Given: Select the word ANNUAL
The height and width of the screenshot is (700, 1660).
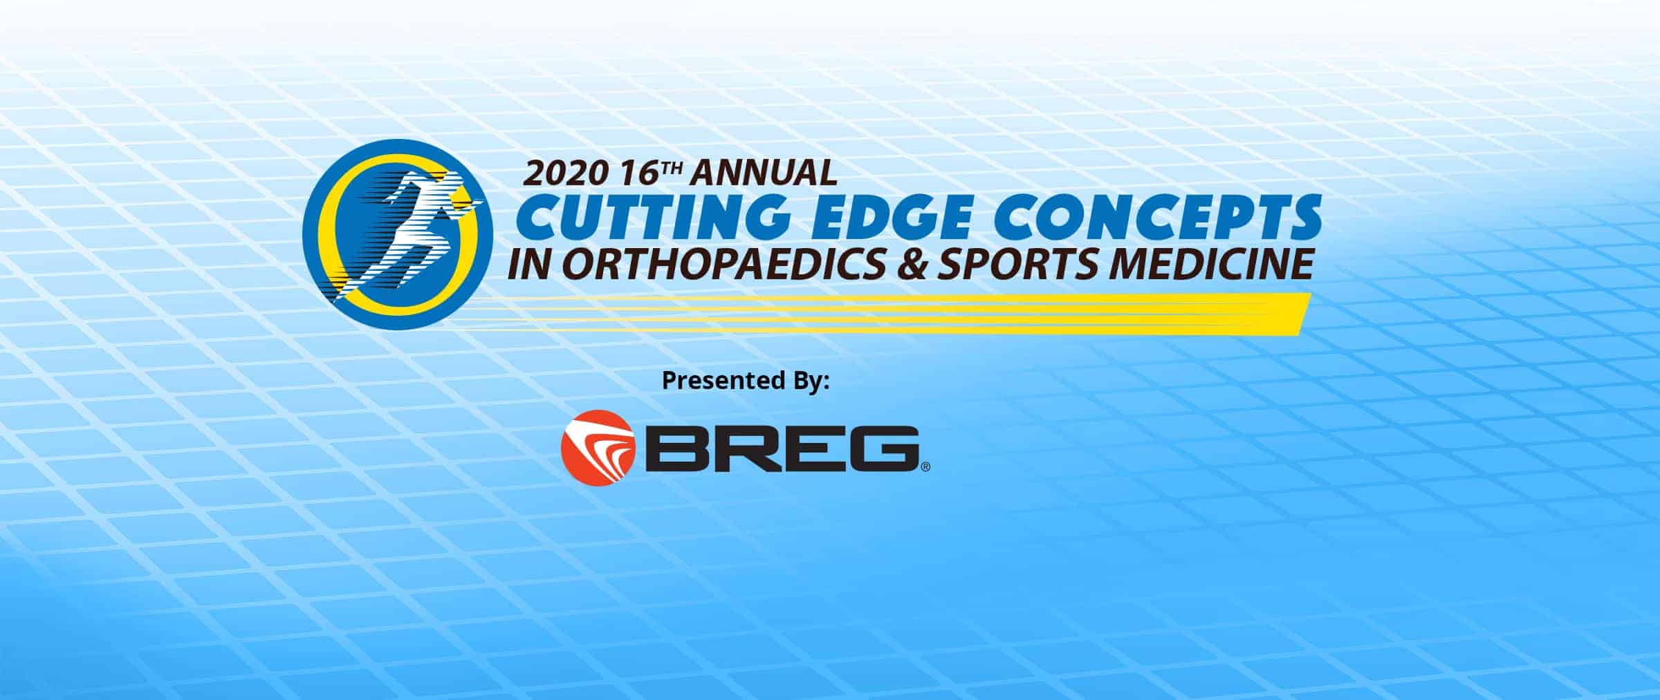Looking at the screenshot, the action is click(764, 174).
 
